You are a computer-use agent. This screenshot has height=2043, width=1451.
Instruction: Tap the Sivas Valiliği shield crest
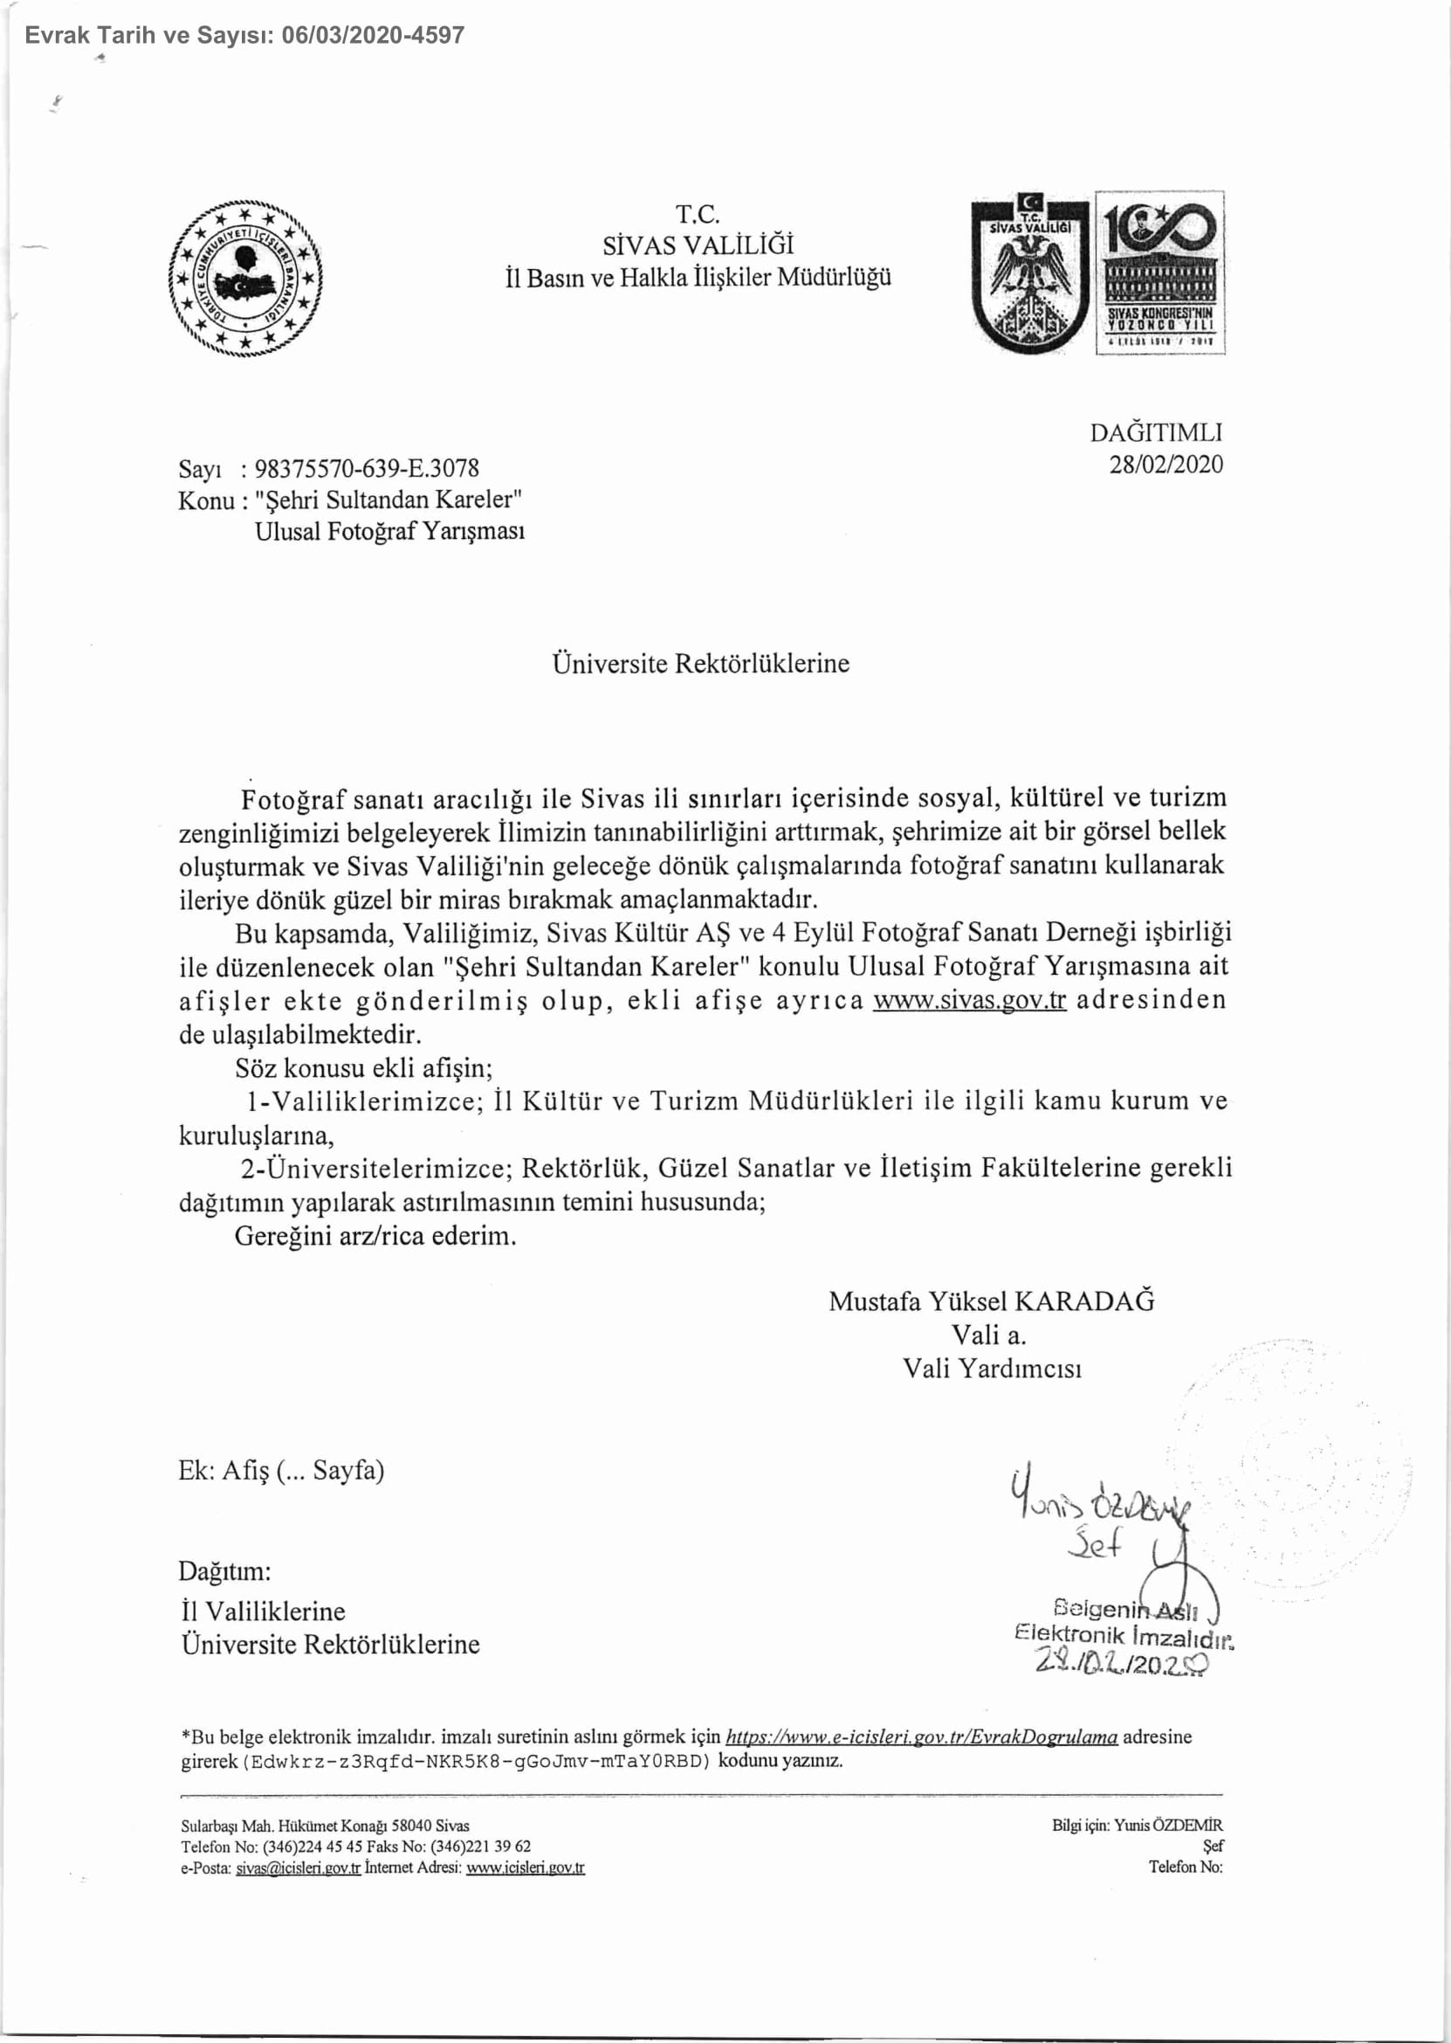pyautogui.click(x=1030, y=273)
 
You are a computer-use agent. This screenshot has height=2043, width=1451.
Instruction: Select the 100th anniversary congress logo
pyautogui.click(x=1159, y=273)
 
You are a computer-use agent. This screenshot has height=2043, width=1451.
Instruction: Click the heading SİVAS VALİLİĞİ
pyautogui.click(x=698, y=245)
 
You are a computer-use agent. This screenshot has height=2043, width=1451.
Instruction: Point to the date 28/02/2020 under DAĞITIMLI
pyautogui.click(x=1166, y=465)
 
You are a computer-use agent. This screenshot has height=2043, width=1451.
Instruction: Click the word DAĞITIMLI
pyautogui.click(x=1155, y=432)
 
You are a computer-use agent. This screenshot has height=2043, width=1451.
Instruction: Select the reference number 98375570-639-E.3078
pyautogui.click(x=367, y=468)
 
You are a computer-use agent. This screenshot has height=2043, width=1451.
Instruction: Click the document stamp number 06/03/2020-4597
pyautogui.click(x=373, y=36)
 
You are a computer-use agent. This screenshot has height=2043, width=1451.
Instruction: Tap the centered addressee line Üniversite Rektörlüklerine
pyautogui.click(x=700, y=663)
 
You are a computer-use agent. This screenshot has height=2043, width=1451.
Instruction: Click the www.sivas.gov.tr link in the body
pyautogui.click(x=969, y=999)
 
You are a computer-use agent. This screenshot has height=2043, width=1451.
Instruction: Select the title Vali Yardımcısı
pyautogui.click(x=992, y=1368)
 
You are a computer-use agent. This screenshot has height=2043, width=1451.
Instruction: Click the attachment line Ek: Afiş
pyautogui.click(x=280, y=1469)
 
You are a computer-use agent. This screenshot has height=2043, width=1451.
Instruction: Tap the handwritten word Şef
pyautogui.click(x=1095, y=1543)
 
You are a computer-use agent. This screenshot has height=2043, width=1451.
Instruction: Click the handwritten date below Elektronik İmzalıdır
pyautogui.click(x=1122, y=1663)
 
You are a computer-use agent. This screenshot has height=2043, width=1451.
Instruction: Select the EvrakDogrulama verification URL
pyautogui.click(x=921, y=1736)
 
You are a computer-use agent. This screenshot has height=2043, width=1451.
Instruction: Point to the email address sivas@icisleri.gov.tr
pyautogui.click(x=298, y=1867)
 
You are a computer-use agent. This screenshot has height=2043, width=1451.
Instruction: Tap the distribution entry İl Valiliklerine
pyautogui.click(x=263, y=1611)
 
